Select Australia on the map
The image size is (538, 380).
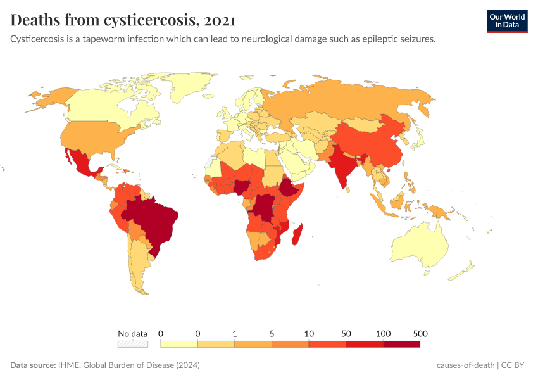pyautogui.click(x=421, y=247)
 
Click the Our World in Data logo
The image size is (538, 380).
pyautogui.click(x=507, y=21)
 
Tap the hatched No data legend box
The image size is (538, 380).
pyautogui.click(x=133, y=344)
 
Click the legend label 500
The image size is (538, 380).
pyautogui.click(x=420, y=333)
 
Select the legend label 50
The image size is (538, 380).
pyautogui.click(x=346, y=333)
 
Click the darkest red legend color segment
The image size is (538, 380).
pyautogui.click(x=401, y=344)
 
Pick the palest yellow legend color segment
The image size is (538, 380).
pyautogui.click(x=179, y=344)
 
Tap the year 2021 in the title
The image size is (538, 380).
pyautogui.click(x=220, y=20)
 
